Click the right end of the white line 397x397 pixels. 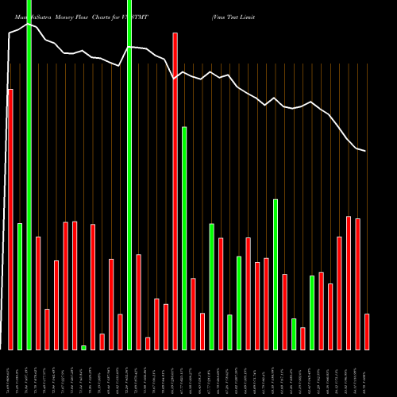pyautogui.click(x=365, y=151)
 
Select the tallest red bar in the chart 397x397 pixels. pyautogui.click(x=175, y=191)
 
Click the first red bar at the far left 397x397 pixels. pyautogui.click(x=10, y=219)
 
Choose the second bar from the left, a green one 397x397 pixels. pyautogui.click(x=20, y=286)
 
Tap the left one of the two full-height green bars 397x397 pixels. pyautogui.click(x=29, y=175)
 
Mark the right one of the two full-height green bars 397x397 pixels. pyautogui.click(x=129, y=175)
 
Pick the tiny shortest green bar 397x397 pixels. pyautogui.click(x=83, y=347)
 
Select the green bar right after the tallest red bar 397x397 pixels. pyautogui.click(x=184, y=238)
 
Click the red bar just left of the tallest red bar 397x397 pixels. pyautogui.click(x=166, y=326)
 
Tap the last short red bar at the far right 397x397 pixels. pyautogui.click(x=367, y=331)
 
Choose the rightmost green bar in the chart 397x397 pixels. pyautogui.click(x=312, y=312)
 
